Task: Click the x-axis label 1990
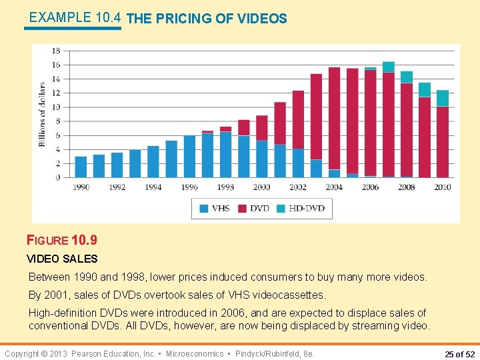click(81, 187)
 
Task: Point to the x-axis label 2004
click(334, 187)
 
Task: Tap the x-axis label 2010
click(443, 187)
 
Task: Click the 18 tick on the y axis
click(56, 51)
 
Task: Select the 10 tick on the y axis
click(56, 107)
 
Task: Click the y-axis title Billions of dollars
click(43, 115)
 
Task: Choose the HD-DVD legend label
click(307, 209)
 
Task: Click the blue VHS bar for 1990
click(81, 167)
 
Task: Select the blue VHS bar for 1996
click(189, 156)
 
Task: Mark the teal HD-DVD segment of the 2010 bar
click(443, 98)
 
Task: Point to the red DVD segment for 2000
click(262, 127)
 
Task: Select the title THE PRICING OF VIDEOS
click(207, 19)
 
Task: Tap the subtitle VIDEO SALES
click(62, 259)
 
